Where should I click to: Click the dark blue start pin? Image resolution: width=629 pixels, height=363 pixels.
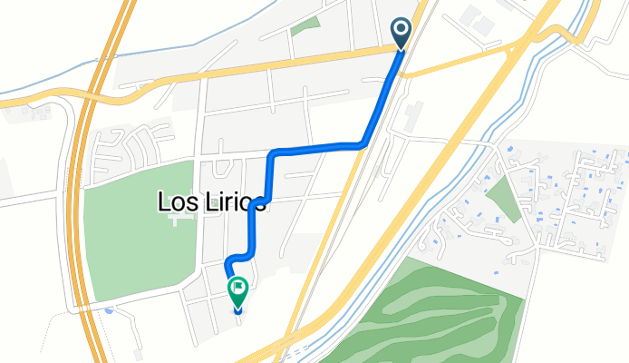[x=401, y=33]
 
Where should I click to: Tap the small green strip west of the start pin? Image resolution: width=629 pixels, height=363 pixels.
[x=306, y=27]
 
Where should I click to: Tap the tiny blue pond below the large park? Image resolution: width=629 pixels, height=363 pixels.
[x=110, y=309]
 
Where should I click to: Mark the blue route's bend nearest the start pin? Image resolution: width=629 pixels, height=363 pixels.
[x=364, y=142]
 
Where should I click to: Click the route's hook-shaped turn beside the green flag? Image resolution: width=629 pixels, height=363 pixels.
[x=227, y=266]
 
